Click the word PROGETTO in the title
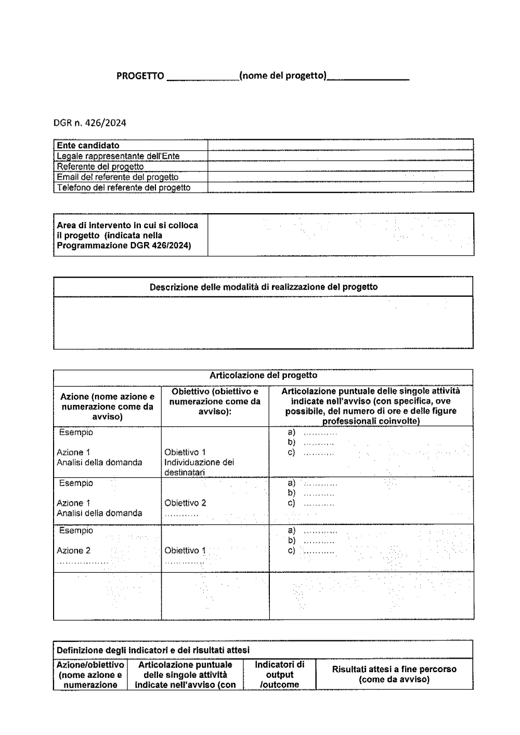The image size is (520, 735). pos(140,76)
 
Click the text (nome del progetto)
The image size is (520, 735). pos(283,76)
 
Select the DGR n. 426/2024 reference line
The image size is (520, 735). pos(89,123)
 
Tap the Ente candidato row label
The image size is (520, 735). pos(88,146)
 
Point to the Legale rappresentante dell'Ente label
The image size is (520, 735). pos(118,156)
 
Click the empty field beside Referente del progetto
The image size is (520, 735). pos(341,166)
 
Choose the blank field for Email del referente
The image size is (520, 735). pos(341,177)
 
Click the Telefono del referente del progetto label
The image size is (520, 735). pos(123,188)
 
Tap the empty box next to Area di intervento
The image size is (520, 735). pos(341,234)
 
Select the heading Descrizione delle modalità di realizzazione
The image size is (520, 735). pos(264,287)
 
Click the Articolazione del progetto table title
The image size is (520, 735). pos(263,375)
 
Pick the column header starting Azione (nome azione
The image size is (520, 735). pos(108,406)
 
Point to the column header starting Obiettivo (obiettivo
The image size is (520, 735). pos(215,401)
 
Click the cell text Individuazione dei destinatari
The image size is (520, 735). pos(199,467)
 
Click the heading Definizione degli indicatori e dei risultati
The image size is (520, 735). pos(153,650)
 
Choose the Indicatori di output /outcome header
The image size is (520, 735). pos(280,675)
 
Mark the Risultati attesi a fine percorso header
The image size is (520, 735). pos(394,674)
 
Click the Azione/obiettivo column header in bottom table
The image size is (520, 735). pos(90,675)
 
